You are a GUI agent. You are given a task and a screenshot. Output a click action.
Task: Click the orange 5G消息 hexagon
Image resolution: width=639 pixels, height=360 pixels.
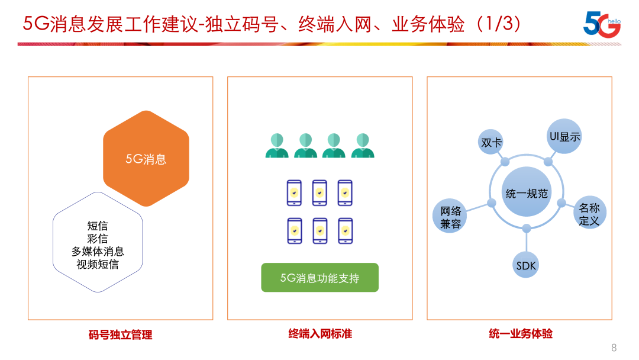tap(146, 159)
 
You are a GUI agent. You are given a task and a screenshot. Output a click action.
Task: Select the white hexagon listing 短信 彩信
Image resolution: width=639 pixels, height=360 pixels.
tap(98, 242)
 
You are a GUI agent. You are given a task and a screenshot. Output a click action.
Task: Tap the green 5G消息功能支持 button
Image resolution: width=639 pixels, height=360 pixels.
tap(320, 278)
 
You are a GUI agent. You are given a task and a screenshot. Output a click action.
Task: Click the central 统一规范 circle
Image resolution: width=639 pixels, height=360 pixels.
tap(527, 192)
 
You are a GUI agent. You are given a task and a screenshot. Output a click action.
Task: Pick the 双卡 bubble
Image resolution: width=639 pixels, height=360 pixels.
tap(491, 142)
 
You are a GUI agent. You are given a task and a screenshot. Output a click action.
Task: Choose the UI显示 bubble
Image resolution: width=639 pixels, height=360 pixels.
tap(564, 136)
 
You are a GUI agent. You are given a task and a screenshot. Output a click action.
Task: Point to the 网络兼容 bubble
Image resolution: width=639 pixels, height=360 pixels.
tap(450, 216)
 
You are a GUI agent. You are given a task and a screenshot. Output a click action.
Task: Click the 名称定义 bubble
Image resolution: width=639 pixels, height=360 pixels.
tap(589, 213)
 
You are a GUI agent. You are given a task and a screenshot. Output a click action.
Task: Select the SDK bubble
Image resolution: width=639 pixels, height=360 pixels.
tap(526, 265)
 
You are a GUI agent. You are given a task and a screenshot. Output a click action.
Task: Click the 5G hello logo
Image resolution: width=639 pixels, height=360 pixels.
tap(602, 24)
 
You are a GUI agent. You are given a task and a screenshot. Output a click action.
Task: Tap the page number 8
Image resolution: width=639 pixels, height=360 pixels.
tap(614, 348)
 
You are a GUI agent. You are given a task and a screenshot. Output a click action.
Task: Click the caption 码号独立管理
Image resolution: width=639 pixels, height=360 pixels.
tap(120, 335)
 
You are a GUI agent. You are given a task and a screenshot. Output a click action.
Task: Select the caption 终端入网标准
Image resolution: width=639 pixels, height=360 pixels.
tap(320, 333)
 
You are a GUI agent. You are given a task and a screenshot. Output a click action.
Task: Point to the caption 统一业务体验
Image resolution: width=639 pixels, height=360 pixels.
tap(521, 333)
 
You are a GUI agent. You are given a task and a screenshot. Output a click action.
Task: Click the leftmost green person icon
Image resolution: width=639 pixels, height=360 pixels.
tap(277, 145)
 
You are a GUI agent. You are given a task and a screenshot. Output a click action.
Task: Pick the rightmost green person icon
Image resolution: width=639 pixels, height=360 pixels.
tap(363, 145)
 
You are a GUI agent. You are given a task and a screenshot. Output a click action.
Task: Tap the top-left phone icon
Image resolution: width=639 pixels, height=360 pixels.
tap(294, 193)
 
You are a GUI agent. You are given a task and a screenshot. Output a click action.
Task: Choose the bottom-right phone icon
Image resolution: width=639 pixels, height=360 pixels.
tap(346, 231)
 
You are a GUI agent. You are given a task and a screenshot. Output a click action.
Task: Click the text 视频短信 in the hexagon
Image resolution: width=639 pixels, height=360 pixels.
tap(98, 264)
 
